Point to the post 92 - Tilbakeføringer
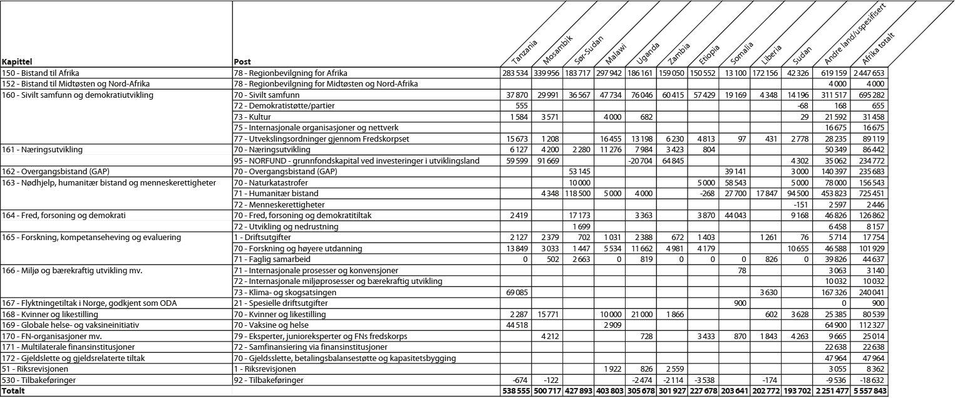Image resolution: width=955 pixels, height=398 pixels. tap(269, 380)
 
